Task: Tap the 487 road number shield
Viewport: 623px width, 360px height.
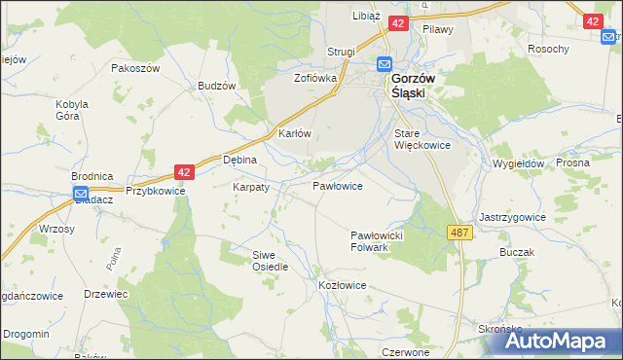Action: [461, 232]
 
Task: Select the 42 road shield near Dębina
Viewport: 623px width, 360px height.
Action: [186, 171]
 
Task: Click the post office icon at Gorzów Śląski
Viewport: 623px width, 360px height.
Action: [385, 64]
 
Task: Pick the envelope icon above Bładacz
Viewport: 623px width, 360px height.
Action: [83, 195]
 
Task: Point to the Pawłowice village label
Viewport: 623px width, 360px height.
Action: [338, 185]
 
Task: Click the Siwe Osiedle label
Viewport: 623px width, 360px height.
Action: [271, 260]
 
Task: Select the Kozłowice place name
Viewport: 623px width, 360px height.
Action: [342, 285]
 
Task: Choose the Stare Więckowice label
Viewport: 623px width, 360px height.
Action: [421, 139]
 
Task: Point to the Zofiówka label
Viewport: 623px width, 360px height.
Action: [315, 77]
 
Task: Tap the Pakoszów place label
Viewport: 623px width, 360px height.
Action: [134, 68]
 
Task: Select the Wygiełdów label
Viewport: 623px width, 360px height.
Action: [518, 164]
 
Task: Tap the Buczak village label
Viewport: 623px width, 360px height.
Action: [517, 252]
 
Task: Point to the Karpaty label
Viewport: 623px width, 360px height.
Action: [250, 186]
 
